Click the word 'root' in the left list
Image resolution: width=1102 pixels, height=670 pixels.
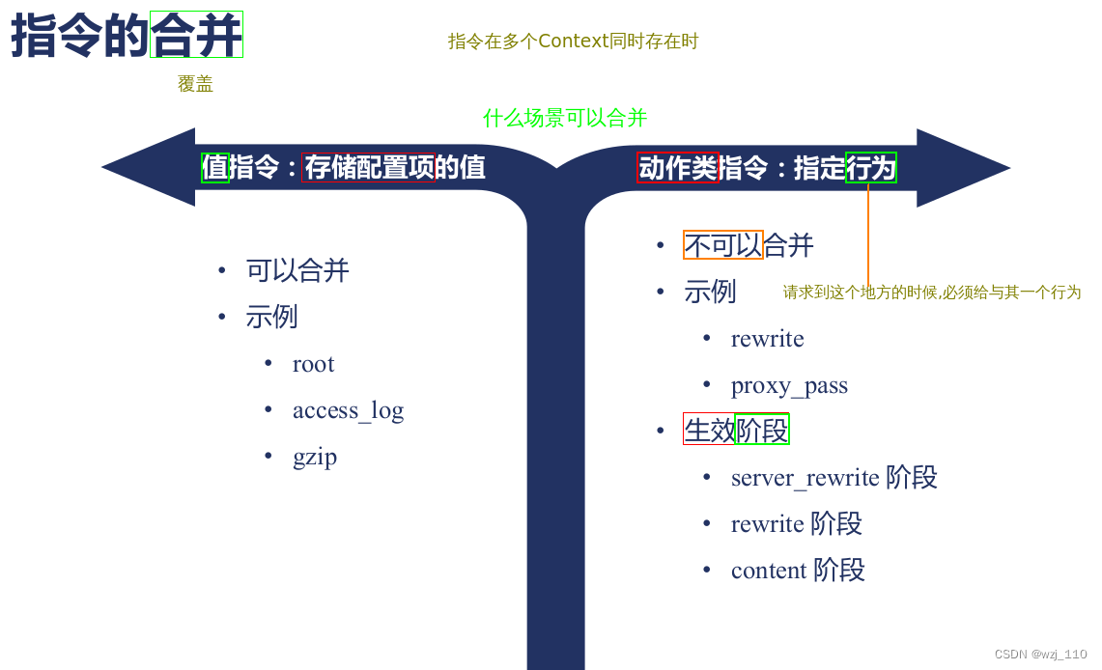pyautogui.click(x=313, y=365)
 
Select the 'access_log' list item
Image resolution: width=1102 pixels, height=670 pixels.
pyautogui.click(x=348, y=411)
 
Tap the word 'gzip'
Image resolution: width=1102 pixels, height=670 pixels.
pyautogui.click(x=315, y=457)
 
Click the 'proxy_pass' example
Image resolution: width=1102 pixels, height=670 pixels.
pyautogui.click(x=789, y=386)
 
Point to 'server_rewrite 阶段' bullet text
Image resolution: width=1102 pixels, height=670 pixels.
pyautogui.click(x=834, y=478)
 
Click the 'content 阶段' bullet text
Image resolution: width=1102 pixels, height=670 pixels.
pyautogui.click(x=798, y=571)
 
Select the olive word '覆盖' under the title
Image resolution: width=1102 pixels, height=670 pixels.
pyautogui.click(x=195, y=85)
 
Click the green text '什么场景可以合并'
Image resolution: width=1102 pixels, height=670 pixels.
pyautogui.click(x=565, y=119)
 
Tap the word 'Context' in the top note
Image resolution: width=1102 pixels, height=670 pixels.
pyautogui.click(x=574, y=42)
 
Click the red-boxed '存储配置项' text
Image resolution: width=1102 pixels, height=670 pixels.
pyautogui.click(x=368, y=168)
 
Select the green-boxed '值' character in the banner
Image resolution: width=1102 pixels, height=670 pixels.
pyautogui.click(x=214, y=168)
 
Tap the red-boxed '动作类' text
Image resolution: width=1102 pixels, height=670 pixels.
pyautogui.click(x=678, y=168)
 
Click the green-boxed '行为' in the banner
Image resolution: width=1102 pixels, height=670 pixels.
pyautogui.click(x=871, y=168)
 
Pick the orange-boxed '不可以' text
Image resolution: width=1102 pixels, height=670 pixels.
pyautogui.click(x=723, y=245)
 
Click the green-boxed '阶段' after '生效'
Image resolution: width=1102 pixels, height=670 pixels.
pyautogui.click(x=762, y=430)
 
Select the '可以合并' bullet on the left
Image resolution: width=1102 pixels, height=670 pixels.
pyautogui.click(x=297, y=270)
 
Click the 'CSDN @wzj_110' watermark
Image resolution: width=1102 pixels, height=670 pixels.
pyautogui.click(x=1040, y=655)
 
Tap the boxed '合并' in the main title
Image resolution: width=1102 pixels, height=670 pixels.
pyautogui.click(x=196, y=36)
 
